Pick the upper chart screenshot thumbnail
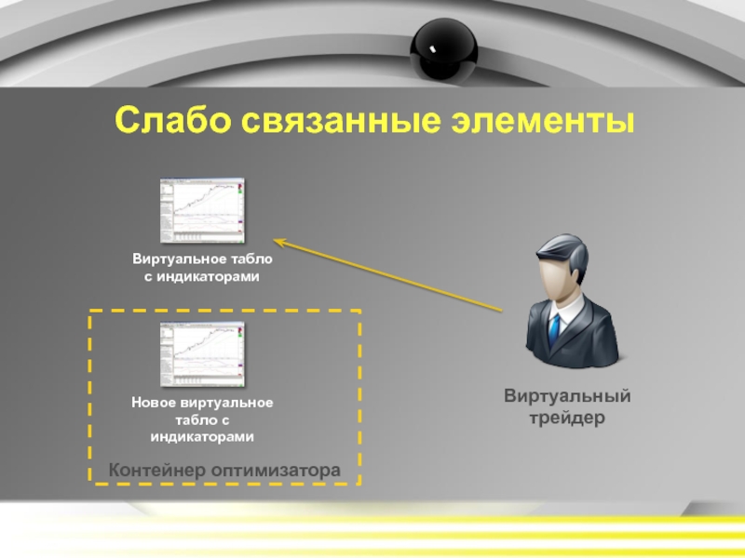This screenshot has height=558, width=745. pos(201,211)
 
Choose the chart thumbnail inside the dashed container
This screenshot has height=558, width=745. pos(201,353)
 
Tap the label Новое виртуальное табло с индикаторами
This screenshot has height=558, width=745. pos(202,419)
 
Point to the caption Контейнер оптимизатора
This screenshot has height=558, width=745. pos(224,471)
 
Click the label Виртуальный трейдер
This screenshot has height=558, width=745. pos(567,407)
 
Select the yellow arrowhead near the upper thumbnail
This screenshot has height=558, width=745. pos(280,245)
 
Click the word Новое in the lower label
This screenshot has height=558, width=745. pos(153,403)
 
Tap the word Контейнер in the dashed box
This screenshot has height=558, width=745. pos(157,471)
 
